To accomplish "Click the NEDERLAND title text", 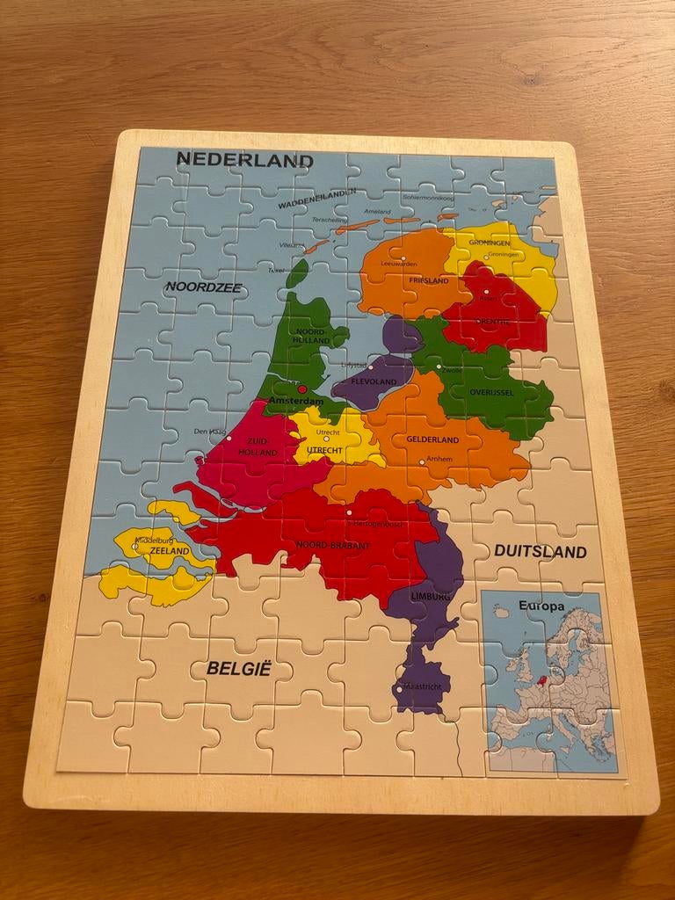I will click(244, 160).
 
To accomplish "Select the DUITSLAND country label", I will click(540, 552).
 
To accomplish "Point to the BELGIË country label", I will click(238, 668).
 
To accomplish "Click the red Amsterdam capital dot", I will click(301, 388).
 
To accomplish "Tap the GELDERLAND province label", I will click(432, 439).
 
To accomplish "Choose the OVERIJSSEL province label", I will click(491, 392).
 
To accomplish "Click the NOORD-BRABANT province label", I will click(333, 546).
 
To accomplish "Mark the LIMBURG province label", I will click(430, 598).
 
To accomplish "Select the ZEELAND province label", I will click(170, 551).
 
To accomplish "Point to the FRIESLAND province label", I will click(428, 280).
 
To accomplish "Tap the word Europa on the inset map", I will click(541, 606).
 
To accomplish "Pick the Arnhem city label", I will click(439, 459).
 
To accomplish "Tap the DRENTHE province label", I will click(492, 322).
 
